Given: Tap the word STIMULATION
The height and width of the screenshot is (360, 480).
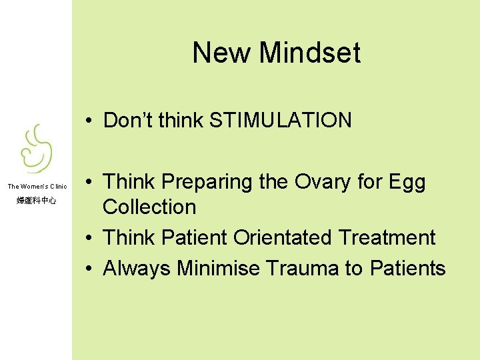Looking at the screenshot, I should click(280, 121).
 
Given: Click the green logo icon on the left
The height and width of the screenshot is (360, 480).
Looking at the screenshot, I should click(35, 149).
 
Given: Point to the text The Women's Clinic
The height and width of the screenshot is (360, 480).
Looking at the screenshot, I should click(37, 187).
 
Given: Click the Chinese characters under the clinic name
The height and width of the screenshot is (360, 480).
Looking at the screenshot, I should click(37, 200).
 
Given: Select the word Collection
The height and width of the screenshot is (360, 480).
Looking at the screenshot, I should click(149, 207).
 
